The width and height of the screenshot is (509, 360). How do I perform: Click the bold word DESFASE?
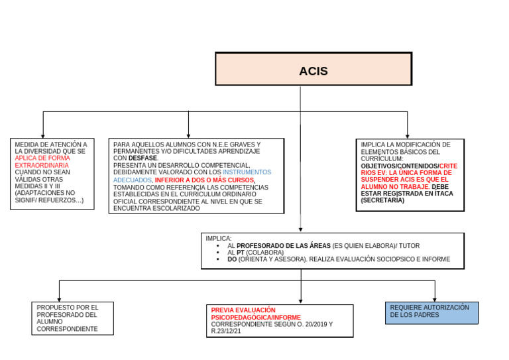[x=143, y=158]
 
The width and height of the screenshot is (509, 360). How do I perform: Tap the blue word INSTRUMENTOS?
[x=247, y=172]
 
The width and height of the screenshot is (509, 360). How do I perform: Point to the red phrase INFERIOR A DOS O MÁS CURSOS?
[x=204, y=180]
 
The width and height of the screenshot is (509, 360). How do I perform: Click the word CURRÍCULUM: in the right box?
[x=382, y=158]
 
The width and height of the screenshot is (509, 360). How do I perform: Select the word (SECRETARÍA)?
[x=382, y=200]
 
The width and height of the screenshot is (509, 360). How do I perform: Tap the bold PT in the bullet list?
[x=240, y=253]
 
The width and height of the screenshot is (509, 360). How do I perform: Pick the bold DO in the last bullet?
[x=231, y=260]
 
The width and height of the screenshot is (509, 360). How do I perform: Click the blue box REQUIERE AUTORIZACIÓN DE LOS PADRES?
[x=431, y=312]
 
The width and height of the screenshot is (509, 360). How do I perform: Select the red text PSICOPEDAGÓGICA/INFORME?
[x=255, y=318]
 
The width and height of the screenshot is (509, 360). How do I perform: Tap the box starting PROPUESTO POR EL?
[x=72, y=318]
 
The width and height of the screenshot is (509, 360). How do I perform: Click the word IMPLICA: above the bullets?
[x=219, y=239]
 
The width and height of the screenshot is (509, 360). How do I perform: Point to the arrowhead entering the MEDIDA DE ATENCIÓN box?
[x=43, y=135]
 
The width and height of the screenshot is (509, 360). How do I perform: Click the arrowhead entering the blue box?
[x=435, y=299]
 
